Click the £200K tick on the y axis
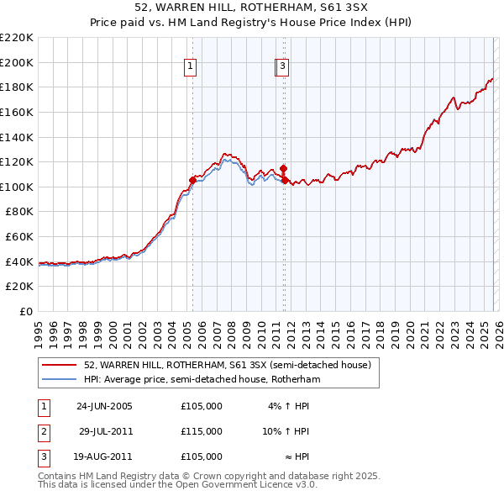17,62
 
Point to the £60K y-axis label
19,236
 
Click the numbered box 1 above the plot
191,67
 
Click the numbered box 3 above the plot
283,67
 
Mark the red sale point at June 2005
193,180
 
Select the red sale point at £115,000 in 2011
284,167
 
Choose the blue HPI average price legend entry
202,379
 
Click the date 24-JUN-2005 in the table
104,405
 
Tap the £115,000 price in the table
202,431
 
